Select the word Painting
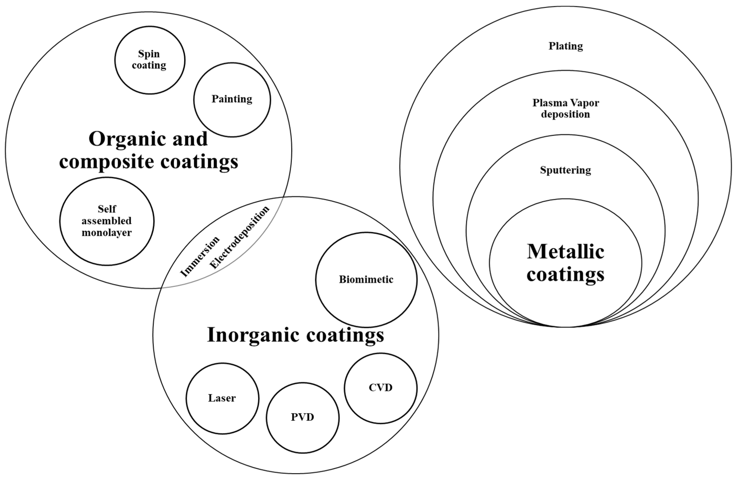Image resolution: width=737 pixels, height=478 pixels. (232, 99)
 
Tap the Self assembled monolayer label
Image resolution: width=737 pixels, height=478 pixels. (107, 221)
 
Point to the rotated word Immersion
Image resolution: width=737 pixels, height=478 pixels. (200, 257)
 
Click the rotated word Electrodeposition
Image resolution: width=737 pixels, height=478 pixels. (239, 237)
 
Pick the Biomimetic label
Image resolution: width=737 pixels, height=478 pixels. (366, 280)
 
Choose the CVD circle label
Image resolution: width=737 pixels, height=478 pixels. (381, 388)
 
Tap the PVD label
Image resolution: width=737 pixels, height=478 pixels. (302, 417)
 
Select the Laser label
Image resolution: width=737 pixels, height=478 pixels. (222, 398)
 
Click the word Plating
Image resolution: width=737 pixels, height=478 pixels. (565, 46)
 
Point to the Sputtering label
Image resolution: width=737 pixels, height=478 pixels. (565, 170)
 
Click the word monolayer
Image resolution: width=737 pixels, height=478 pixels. (107, 233)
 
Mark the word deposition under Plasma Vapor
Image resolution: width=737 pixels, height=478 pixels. (565, 114)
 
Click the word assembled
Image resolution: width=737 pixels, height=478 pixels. (107, 221)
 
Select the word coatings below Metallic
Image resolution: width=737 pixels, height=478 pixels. (565, 274)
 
